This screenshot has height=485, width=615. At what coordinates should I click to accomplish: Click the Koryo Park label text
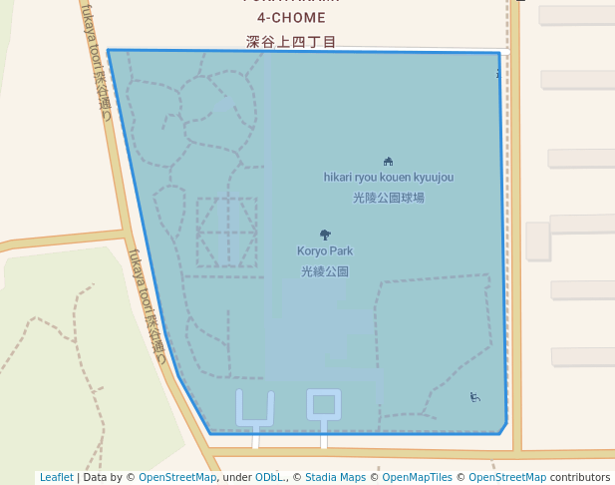pos(325,251)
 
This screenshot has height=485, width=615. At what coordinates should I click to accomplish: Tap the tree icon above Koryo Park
pos(325,235)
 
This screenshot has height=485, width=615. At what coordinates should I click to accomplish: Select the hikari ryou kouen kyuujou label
pos(388,178)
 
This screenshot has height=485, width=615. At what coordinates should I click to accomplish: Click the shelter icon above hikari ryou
pos(388,161)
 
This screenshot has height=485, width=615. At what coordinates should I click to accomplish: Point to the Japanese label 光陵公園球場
pos(388,198)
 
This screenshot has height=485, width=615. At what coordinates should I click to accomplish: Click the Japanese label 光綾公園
pos(325,271)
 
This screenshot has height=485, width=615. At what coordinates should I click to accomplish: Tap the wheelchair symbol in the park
pos(475,397)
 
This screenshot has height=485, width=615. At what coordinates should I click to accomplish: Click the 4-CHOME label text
pos(291,18)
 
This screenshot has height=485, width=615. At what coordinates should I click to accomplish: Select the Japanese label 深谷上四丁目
pos(291,42)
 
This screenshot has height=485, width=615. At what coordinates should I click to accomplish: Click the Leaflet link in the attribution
pos(56,477)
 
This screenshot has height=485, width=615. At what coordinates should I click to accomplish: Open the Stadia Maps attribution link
pos(335,477)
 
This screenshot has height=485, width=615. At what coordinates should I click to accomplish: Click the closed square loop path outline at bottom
pos(323,404)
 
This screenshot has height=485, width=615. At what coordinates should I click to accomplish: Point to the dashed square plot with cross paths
pos(226,232)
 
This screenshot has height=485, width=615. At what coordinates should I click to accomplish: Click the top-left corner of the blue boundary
pos(108,50)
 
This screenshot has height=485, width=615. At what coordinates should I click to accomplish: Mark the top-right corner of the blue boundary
pos(499,53)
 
